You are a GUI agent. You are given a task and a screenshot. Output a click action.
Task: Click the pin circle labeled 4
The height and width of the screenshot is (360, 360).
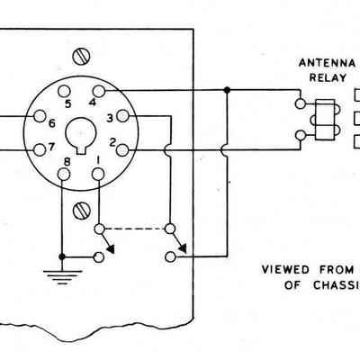[99, 91]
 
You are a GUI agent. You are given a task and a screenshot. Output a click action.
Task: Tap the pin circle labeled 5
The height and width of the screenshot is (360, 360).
[64, 91]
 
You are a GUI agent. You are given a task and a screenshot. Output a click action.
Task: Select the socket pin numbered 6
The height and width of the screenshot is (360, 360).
[40, 116]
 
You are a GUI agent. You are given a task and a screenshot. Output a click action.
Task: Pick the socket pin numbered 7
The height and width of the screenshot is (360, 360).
[40, 149]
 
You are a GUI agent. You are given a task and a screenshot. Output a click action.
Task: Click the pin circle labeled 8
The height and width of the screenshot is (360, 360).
[64, 175]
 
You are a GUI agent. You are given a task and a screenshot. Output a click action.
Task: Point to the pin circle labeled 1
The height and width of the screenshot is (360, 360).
[98, 175]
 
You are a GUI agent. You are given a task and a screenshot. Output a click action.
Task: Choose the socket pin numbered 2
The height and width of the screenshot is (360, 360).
[122, 150]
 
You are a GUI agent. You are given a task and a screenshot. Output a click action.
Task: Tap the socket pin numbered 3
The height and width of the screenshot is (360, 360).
[122, 116]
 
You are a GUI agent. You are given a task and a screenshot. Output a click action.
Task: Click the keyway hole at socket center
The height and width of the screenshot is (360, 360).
[80, 134]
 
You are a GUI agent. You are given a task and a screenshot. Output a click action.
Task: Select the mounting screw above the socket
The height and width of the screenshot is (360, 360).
[81, 56]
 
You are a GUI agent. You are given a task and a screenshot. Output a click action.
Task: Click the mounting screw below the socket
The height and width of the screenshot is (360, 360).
[82, 211]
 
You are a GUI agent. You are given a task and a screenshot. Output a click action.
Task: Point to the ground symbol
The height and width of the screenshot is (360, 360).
[62, 277]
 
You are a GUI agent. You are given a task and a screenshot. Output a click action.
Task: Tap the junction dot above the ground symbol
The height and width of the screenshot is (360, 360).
[62, 256]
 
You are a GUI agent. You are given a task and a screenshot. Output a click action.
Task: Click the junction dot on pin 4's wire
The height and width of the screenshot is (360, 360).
[227, 90]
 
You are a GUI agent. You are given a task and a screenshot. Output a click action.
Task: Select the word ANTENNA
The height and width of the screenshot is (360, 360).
[327, 63]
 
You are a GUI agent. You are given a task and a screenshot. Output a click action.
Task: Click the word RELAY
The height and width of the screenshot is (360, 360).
[328, 78]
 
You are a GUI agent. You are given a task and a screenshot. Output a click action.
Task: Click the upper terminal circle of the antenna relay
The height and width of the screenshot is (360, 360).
[301, 103]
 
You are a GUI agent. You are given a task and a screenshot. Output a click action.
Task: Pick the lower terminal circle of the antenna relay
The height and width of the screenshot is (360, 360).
[301, 136]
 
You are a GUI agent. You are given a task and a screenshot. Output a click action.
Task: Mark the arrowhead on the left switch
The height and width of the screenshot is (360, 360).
[111, 248]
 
